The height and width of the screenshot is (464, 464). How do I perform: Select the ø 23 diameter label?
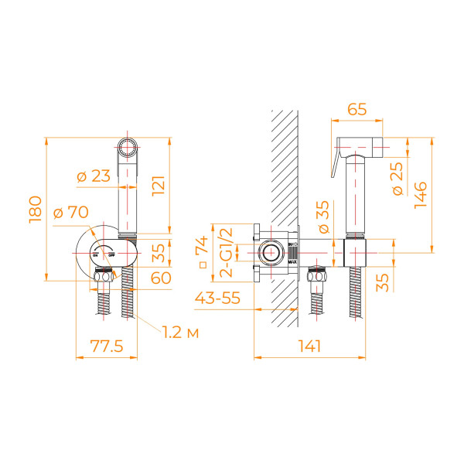[x=94, y=176]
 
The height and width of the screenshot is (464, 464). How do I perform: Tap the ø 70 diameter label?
[x=71, y=212]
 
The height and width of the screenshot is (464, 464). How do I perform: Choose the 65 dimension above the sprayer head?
[x=357, y=109]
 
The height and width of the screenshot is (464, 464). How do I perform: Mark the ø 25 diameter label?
[x=398, y=179]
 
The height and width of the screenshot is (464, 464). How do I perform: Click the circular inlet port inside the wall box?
[x=271, y=252]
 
